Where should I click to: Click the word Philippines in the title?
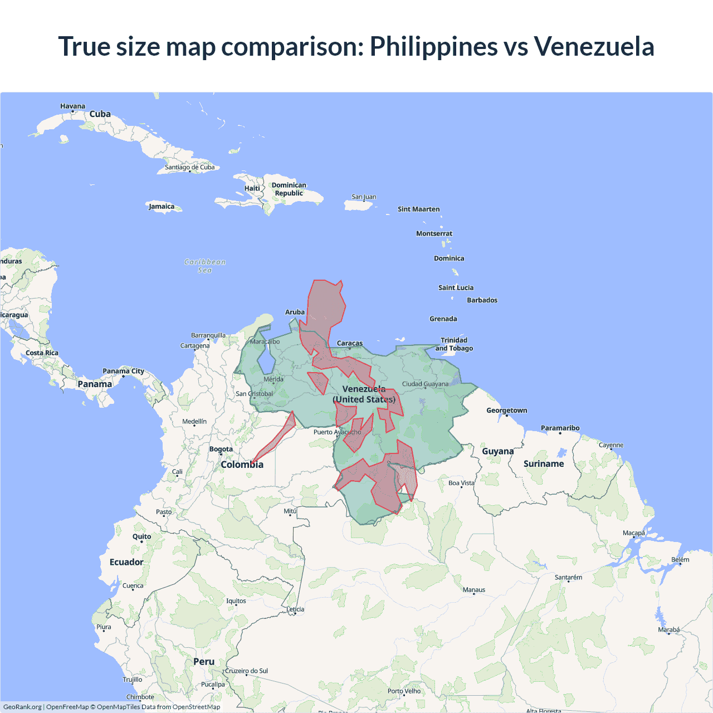click(433, 47)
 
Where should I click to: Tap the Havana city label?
click(72, 106)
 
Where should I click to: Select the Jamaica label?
click(162, 207)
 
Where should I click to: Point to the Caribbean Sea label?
click(205, 266)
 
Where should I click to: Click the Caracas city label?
click(350, 343)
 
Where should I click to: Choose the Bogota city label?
click(221, 449)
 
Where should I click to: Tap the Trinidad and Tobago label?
click(454, 344)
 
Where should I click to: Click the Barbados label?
click(482, 300)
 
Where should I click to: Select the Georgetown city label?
click(506, 411)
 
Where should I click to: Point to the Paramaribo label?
click(560, 428)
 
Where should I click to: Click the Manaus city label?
click(474, 590)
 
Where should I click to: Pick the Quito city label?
click(141, 536)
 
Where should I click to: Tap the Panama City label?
click(123, 371)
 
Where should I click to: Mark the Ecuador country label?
click(126, 562)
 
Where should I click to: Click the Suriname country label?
click(544, 463)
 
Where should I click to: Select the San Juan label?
click(364, 197)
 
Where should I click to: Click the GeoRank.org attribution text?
click(22, 707)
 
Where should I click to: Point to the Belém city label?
click(680, 560)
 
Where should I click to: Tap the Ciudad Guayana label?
click(425, 384)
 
